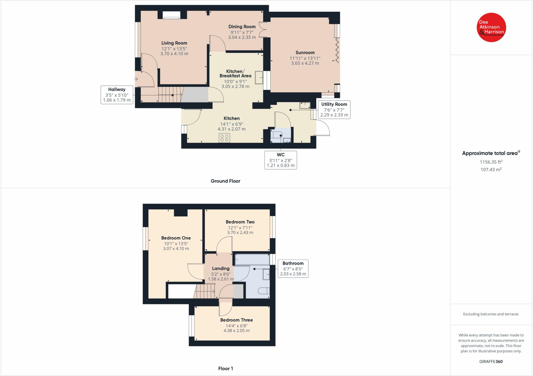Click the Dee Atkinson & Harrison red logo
tap(491, 27)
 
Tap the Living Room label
tap(174, 43)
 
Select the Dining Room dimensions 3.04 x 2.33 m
tap(242, 37)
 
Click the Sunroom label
tap(305, 53)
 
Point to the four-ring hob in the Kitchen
tap(225, 138)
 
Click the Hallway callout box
tap(117, 95)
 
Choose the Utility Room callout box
tap(334, 109)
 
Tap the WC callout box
tap(281, 160)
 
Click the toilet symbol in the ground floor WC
tap(276, 135)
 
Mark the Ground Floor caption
tap(225, 181)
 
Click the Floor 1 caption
tap(225, 368)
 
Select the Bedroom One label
tap(176, 238)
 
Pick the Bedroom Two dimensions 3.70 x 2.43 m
tap(240, 232)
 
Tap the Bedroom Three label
tap(236, 320)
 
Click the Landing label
tap(221, 269)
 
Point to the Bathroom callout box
tap(293, 268)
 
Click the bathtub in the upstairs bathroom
tap(252, 260)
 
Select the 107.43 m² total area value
tap(491, 169)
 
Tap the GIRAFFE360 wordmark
tap(491, 361)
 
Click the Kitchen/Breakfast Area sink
tap(259, 77)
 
